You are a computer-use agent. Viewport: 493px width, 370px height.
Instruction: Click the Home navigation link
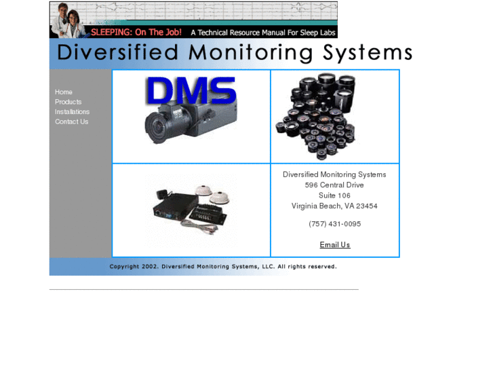[x=64, y=92]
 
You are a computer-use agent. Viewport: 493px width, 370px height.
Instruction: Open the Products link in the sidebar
[x=68, y=102]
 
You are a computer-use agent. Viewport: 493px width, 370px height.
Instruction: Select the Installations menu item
[x=72, y=111]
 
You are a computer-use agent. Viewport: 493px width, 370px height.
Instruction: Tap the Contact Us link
[x=71, y=122]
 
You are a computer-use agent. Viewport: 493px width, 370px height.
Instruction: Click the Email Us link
[x=335, y=245]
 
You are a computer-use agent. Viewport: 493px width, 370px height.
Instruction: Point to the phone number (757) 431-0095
[x=334, y=224]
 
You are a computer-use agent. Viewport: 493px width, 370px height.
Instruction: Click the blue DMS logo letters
[x=191, y=91]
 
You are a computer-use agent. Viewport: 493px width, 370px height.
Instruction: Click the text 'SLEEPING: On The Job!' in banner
[x=136, y=32]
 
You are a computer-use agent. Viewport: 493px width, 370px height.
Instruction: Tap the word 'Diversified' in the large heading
[x=117, y=53]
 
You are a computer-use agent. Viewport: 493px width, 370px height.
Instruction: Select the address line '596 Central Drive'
[x=334, y=185]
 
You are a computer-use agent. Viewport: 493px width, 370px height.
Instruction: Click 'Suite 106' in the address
[x=334, y=196]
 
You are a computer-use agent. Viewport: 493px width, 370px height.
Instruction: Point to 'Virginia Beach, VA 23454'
[x=334, y=206]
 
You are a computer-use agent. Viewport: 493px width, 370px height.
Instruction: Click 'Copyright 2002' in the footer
[x=134, y=267]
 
